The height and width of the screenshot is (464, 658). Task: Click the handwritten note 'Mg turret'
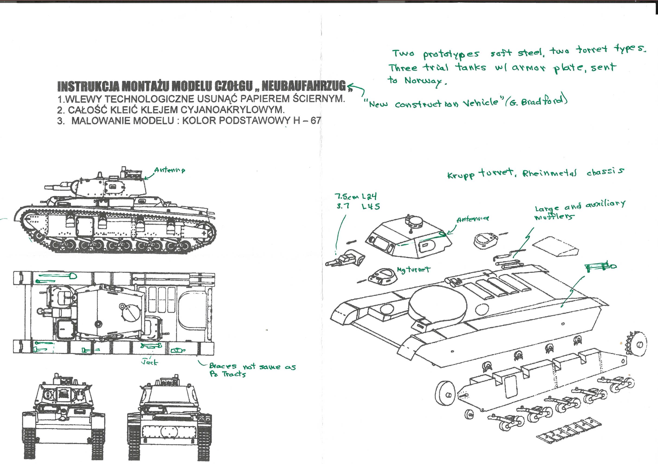(414, 269)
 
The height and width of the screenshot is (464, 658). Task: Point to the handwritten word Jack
(150, 362)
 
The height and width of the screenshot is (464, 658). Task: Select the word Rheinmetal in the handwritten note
(549, 173)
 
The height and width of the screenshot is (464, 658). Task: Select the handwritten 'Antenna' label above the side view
(170, 170)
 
